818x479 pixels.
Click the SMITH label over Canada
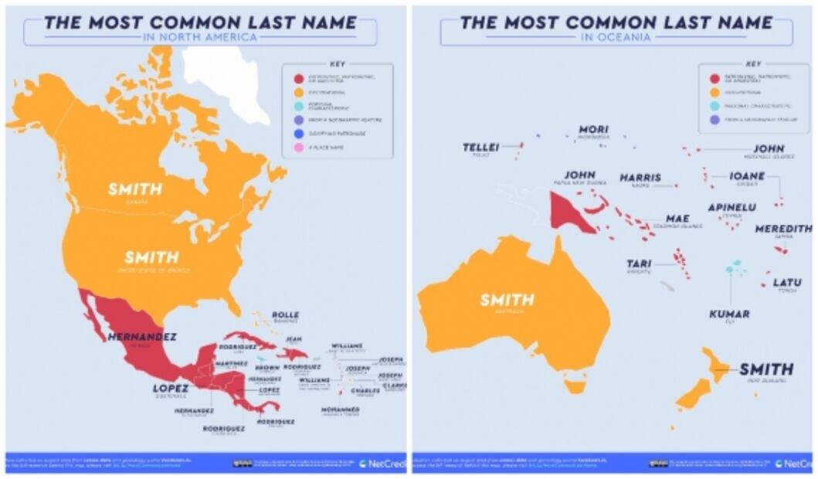pos(135,189)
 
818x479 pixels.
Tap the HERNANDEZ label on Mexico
pos(142,337)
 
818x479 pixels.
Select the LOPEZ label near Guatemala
pos(171,388)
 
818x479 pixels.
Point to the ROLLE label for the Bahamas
pos(285,314)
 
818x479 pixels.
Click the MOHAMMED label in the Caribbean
pos(340,409)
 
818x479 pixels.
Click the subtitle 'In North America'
pos(200,36)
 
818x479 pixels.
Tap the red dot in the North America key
pos(297,78)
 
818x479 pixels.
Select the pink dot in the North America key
pos(297,147)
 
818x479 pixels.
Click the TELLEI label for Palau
pos(480,147)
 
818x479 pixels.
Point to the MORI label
pos(593,129)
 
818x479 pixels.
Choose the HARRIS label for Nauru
pos(640,178)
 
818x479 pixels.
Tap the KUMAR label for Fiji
pos(729,314)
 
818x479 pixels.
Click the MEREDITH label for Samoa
pos(783,229)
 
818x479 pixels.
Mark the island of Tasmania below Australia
pos(575,384)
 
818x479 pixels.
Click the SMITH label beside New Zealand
pos(766,369)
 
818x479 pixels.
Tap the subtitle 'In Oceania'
pos(616,36)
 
